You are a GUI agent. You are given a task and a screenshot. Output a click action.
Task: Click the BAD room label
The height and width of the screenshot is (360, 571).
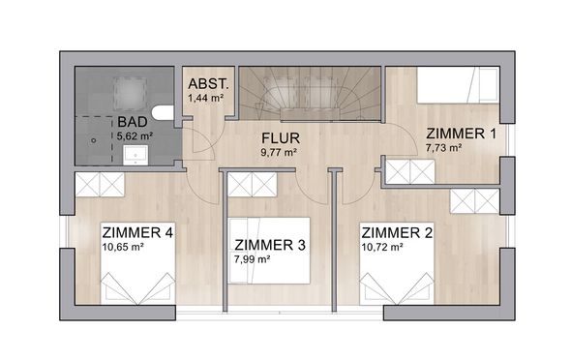pos(133,122)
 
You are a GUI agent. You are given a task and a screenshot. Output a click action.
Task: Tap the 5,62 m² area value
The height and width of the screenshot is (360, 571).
pos(135,136)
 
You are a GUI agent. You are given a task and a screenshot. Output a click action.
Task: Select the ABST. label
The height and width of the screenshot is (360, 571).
pos(209,84)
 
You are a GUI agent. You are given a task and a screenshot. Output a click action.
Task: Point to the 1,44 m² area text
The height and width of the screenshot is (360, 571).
pos(205,98)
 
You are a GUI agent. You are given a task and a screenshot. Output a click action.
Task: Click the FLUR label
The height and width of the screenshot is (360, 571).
pos(281,138)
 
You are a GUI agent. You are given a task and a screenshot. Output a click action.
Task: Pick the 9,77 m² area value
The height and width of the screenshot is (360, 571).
pos(279,153)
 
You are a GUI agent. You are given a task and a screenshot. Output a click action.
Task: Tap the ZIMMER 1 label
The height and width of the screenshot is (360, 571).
pos(461,134)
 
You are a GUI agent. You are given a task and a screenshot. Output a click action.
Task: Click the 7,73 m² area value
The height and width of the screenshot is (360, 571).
pos(444,148)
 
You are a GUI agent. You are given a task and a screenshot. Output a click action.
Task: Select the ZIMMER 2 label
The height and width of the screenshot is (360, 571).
pos(397,233)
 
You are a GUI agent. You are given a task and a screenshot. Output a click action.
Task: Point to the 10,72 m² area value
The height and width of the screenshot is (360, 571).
pos(382,248)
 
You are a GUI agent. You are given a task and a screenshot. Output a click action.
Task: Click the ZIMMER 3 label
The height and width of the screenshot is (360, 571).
pos(270,246)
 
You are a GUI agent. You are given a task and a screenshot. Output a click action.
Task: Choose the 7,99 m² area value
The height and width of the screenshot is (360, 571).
pos(252,259)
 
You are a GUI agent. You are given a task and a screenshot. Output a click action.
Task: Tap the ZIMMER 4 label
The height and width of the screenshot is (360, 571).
pos(137,232)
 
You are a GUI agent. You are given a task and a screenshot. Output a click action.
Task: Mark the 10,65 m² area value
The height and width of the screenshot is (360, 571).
pos(123,247)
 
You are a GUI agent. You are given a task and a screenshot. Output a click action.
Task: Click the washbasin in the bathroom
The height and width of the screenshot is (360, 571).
pos(135,155)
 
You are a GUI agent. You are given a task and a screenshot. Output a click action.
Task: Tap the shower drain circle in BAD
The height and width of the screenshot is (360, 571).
pos(94,140)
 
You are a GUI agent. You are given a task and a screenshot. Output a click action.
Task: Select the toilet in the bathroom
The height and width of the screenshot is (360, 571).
pos(164,113)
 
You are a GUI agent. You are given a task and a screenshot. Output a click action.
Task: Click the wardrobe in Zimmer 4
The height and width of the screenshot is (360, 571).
pos(100,185)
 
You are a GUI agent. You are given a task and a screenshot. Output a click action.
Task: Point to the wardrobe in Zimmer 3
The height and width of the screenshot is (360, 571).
pos(252,185)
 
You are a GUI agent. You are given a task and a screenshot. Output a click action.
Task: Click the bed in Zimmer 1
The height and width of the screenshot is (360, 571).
pos(458,85)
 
